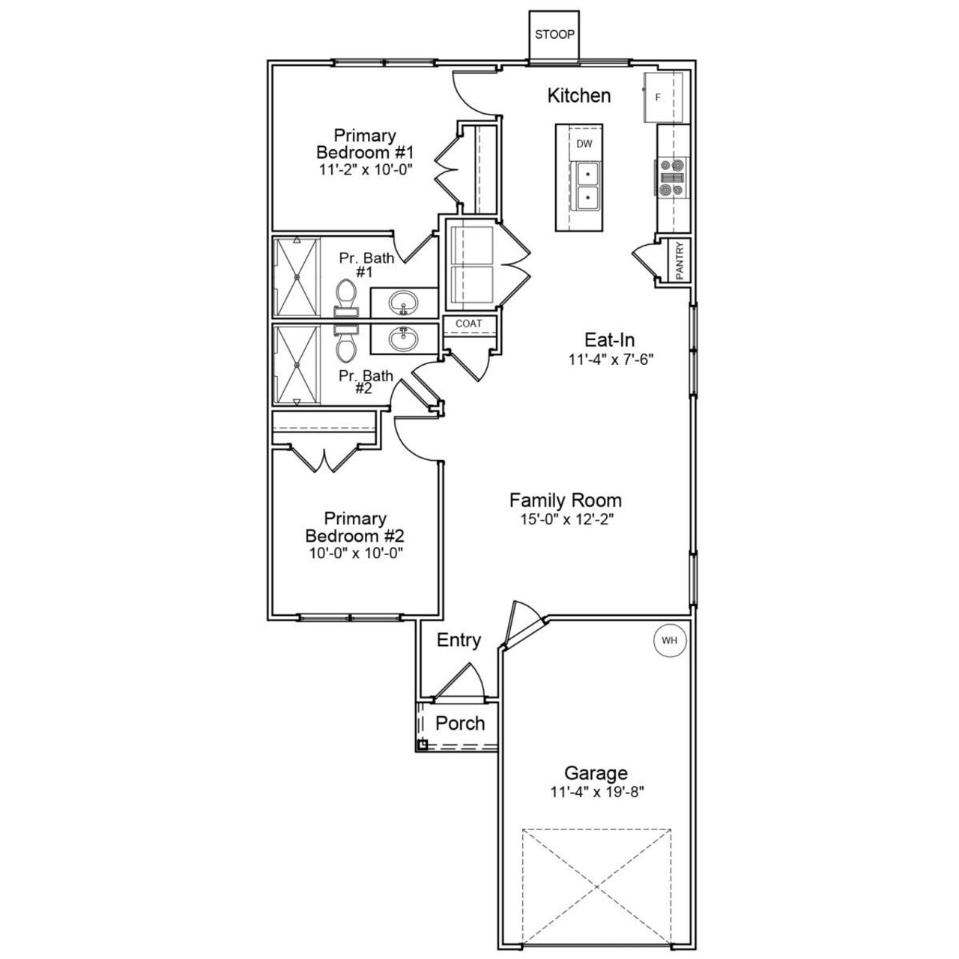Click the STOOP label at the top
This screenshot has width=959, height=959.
554,34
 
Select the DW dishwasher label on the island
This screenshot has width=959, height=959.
584,143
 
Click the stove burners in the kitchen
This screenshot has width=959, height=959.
670,178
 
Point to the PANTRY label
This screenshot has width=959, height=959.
680,261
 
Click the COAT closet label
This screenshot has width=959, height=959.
469,324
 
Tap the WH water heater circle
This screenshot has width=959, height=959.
669,641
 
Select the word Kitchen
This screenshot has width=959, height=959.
578,96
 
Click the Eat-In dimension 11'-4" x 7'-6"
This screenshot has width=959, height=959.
611,359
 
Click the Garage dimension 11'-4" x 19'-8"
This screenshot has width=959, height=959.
596,791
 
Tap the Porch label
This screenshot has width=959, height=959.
460,724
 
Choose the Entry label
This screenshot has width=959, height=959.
459,641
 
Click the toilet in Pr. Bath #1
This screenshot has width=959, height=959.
346,294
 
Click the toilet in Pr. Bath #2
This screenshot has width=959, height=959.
346,346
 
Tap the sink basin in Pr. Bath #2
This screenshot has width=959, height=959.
405,339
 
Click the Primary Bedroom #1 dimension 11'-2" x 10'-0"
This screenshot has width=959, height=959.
365,169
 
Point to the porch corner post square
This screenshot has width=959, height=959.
422,744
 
